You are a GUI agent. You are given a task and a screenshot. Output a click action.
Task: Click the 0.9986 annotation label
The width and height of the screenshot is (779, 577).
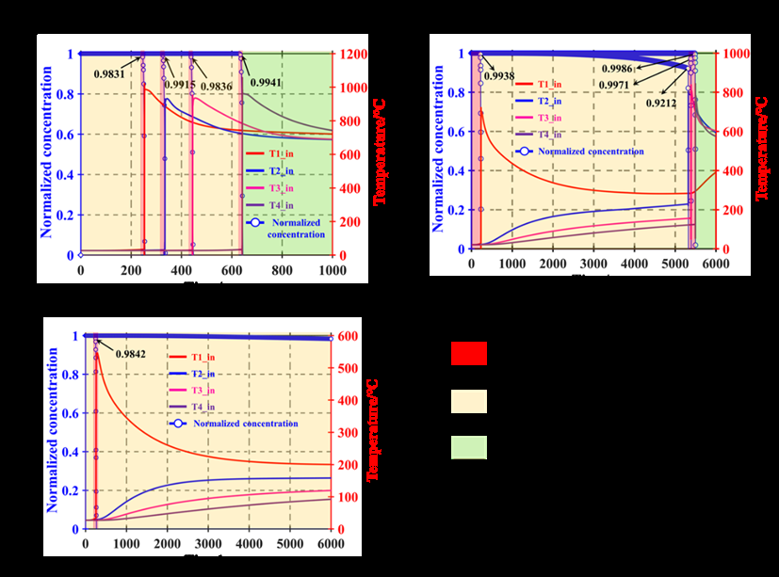pyautogui.click(x=619, y=69)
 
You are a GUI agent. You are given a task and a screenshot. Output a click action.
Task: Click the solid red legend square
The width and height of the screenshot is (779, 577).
pyautogui.click(x=468, y=354)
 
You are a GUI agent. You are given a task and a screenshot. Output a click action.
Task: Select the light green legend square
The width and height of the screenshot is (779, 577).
pyautogui.click(x=468, y=447)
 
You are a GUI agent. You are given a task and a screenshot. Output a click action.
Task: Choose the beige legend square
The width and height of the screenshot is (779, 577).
pyautogui.click(x=468, y=402)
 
